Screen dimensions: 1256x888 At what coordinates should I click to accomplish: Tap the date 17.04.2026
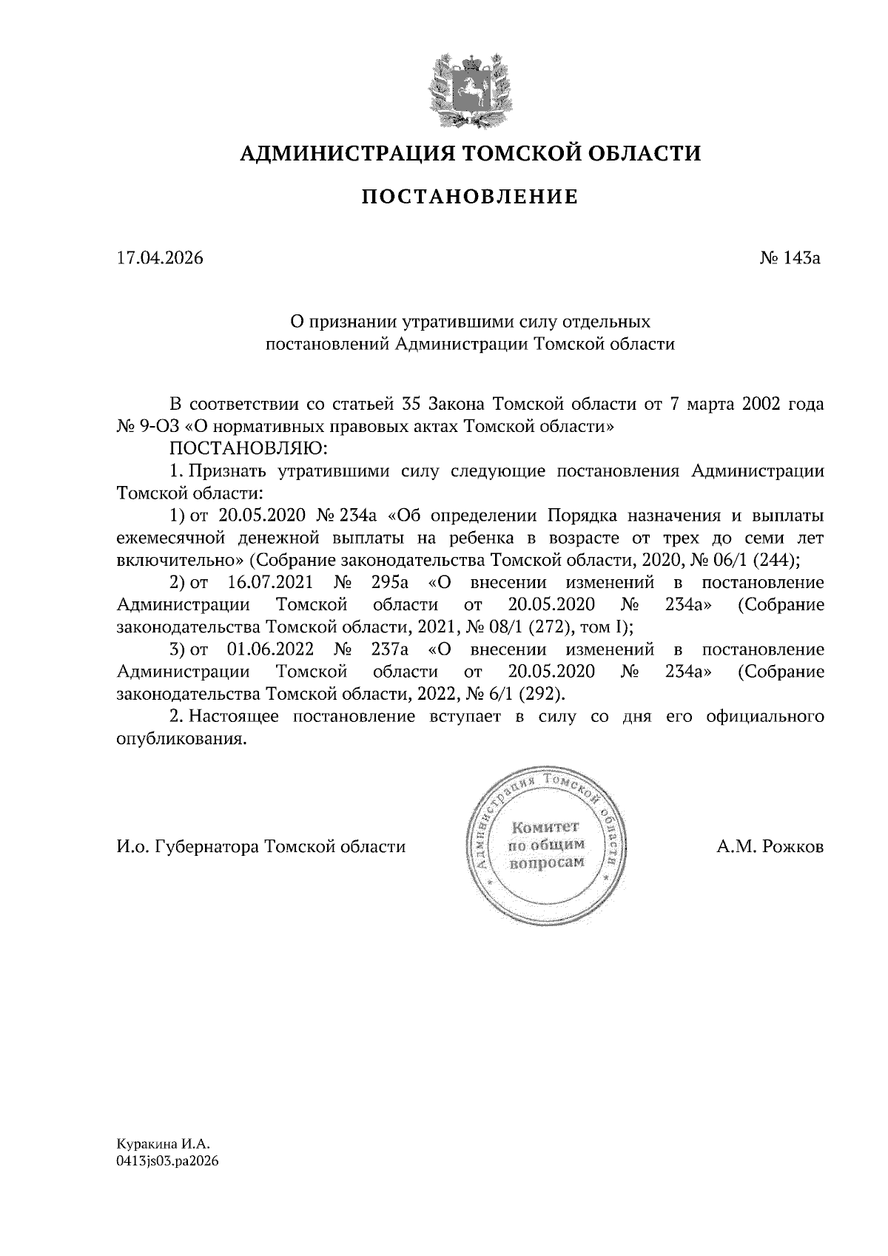[160, 258]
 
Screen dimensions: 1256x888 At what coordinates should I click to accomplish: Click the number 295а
[389, 583]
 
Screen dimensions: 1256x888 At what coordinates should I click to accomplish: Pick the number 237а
[389, 649]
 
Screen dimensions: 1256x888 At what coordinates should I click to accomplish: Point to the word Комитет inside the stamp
[547, 825]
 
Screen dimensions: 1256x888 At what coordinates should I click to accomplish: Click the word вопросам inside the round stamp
[547, 862]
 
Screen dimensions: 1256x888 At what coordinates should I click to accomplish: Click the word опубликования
[181, 739]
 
